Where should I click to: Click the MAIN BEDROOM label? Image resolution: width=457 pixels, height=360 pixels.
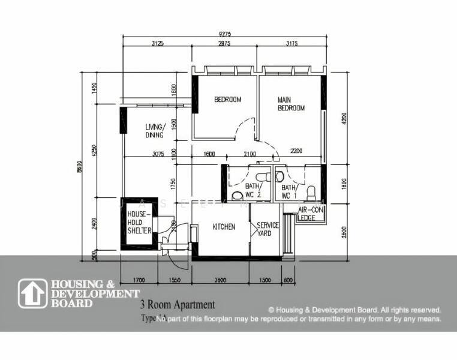(291, 104)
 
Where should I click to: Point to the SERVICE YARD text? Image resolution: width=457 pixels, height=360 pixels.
(267, 229)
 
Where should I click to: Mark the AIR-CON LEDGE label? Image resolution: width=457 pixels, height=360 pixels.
(311, 214)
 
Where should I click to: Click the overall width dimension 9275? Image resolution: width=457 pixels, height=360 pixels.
(226, 34)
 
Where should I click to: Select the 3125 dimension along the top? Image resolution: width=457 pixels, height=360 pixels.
(158, 44)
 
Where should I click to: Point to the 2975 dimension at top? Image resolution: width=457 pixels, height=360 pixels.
(225, 44)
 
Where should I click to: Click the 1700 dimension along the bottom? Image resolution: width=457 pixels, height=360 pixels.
(138, 280)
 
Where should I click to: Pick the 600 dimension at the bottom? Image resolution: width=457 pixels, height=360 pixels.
(288, 280)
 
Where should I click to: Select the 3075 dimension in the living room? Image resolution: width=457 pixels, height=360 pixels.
(158, 154)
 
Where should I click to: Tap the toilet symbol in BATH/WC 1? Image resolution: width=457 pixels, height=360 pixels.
(311, 191)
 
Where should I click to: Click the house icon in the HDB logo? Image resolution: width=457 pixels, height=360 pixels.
(32, 293)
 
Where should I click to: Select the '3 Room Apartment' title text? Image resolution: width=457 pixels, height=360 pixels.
(177, 305)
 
